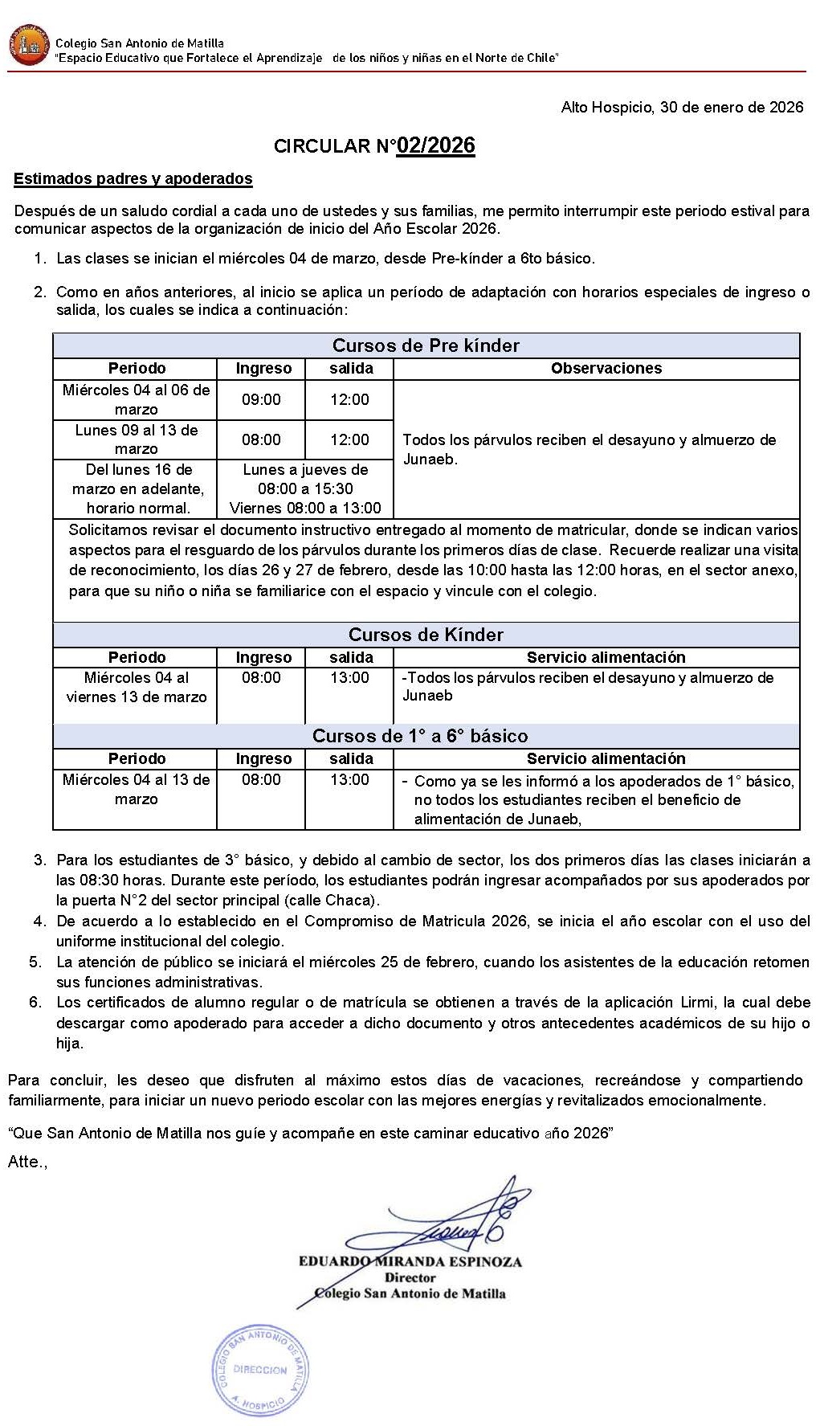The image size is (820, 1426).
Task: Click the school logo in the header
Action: (x=29, y=47)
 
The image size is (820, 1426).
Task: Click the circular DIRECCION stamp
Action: (x=259, y=1369)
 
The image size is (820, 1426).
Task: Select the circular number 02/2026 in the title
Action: (x=436, y=145)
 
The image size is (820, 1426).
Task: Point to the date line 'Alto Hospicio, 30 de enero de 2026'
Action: (x=682, y=108)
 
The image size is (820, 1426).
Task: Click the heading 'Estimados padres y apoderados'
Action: (x=133, y=179)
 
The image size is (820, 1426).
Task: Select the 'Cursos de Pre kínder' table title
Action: (x=426, y=345)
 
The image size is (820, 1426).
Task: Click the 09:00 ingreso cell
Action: (x=261, y=399)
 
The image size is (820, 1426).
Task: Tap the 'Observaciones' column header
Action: (x=606, y=368)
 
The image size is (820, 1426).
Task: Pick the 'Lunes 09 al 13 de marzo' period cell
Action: (x=136, y=439)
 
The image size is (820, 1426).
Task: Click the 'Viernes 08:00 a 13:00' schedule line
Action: (x=305, y=508)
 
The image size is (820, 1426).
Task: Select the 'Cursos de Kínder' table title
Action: (x=426, y=635)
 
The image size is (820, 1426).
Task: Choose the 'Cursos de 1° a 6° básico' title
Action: (x=420, y=736)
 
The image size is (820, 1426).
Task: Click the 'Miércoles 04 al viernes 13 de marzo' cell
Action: (x=136, y=687)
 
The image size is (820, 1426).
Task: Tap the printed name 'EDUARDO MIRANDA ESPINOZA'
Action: (x=410, y=1261)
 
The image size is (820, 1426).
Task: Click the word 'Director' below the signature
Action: (x=410, y=1277)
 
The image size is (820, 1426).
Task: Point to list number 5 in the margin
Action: (x=35, y=962)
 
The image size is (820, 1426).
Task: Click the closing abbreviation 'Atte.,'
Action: (x=27, y=1162)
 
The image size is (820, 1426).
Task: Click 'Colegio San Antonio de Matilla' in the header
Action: (x=140, y=43)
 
